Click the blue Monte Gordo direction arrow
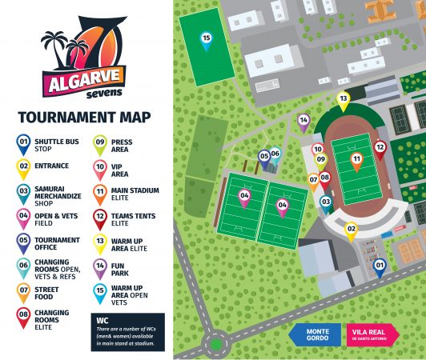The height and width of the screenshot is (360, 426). [x=316, y=334]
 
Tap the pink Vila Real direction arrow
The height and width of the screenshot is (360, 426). [x=375, y=334]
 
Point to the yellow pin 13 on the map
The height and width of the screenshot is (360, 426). [x=343, y=100]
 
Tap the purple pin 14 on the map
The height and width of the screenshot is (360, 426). [x=303, y=121]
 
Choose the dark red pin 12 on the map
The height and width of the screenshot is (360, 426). [x=380, y=148]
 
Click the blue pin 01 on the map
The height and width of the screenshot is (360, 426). [x=380, y=266]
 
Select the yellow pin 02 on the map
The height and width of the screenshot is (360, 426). [x=350, y=230]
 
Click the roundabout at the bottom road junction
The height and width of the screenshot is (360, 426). [x=215, y=346]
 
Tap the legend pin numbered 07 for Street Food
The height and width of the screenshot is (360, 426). [x=23, y=293]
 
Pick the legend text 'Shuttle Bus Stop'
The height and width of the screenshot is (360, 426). [x=56, y=145]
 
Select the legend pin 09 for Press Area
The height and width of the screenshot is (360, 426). [x=100, y=144]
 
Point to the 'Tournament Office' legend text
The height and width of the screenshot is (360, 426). [x=58, y=244]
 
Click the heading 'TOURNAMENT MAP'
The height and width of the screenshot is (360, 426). [x=84, y=118]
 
